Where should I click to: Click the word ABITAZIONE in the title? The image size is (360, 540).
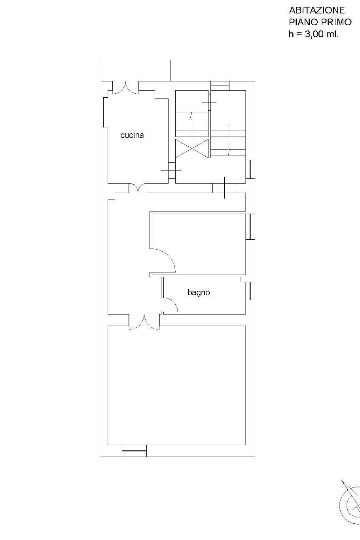coord(317,10)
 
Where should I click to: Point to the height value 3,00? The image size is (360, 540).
coord(315,34)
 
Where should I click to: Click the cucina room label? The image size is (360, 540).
coord(132,135)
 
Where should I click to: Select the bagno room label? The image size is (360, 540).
coord(199,293)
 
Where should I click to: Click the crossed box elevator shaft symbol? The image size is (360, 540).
coord(192,148)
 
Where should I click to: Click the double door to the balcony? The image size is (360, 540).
coord(126,88)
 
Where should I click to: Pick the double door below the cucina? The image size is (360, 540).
coord(138,188)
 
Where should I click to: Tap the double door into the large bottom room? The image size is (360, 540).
coord(144,322)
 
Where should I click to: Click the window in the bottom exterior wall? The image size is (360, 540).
coord(134,451)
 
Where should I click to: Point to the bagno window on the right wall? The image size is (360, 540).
coord(250,291)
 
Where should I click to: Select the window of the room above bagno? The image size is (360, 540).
coord(250,227)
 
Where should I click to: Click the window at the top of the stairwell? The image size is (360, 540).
coord(220,86)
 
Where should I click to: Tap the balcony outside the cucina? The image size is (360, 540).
coord(136,70)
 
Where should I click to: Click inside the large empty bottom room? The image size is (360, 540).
coord(176,385)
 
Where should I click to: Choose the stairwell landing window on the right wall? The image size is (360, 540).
coord(250,169)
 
